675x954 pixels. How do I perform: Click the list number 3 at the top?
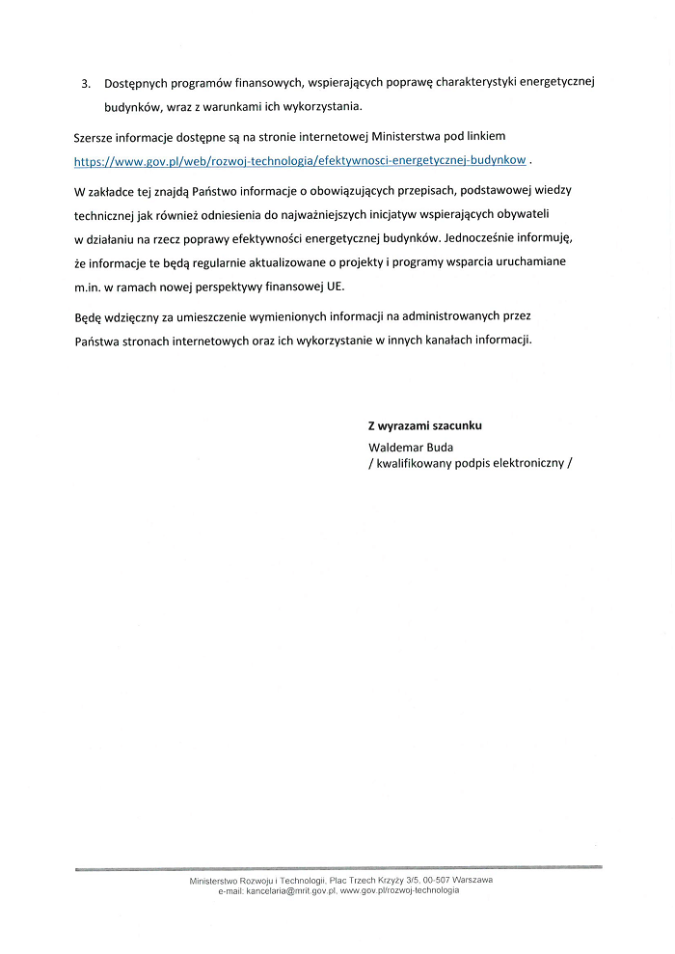(85, 83)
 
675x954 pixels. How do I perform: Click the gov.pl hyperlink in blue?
(300, 159)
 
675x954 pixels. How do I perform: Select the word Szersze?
(95, 136)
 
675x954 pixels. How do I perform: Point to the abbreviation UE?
(336, 286)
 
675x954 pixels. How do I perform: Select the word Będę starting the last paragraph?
(90, 315)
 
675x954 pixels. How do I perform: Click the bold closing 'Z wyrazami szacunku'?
(425, 424)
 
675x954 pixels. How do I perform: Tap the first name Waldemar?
(398, 447)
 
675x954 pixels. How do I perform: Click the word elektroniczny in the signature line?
(528, 462)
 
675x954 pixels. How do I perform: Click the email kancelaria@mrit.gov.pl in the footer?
(291, 891)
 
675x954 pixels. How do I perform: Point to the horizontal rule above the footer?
(337, 868)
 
